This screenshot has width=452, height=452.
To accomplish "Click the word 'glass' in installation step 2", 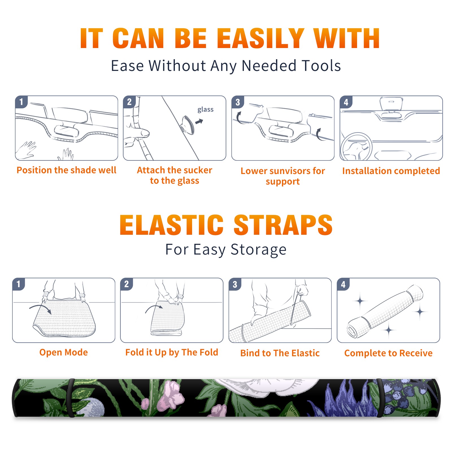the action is (205, 110).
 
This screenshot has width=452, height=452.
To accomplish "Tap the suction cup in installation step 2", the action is (188, 125).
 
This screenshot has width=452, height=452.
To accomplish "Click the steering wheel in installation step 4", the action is (356, 147).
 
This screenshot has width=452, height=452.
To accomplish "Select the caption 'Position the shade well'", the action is (66, 170).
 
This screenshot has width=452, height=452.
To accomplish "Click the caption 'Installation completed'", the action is (391, 171).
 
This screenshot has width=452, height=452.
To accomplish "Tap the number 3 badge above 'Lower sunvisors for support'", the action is (238, 102).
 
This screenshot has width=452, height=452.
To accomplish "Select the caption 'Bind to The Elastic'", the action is (280, 353).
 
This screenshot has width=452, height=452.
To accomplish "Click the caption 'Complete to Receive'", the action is (388, 353).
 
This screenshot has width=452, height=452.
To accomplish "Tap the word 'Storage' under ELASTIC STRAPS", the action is (258, 250).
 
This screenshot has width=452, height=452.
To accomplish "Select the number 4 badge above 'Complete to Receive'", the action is (343, 284).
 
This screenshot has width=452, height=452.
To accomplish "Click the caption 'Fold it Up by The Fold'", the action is (171, 352).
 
